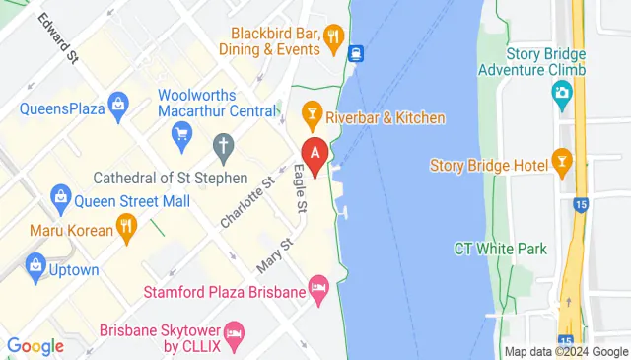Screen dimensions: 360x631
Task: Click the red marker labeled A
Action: [x=315, y=155]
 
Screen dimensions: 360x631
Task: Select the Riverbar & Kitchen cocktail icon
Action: [x=313, y=117]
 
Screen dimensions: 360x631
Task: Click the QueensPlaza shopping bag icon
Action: [x=119, y=103]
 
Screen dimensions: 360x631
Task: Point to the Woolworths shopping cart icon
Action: [x=180, y=139]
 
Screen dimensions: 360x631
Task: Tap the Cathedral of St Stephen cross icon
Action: [x=224, y=149]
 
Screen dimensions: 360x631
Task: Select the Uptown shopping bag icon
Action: [x=36, y=264]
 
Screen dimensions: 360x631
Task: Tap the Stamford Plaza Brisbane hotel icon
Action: [x=317, y=291]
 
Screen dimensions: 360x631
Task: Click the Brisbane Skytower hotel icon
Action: [x=234, y=332]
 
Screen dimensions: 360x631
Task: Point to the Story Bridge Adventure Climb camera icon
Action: [x=562, y=95]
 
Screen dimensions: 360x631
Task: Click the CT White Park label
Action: [x=500, y=249]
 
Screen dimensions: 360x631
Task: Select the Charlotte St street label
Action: [x=246, y=202]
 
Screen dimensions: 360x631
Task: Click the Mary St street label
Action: [x=275, y=255]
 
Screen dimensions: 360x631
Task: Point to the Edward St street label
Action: [x=57, y=38]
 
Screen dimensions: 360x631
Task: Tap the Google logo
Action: [x=35, y=346]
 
